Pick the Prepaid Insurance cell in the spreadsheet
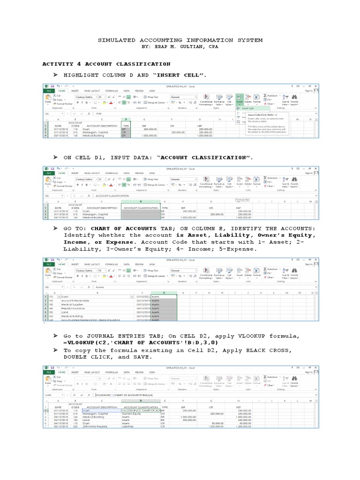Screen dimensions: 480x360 [73, 308]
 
